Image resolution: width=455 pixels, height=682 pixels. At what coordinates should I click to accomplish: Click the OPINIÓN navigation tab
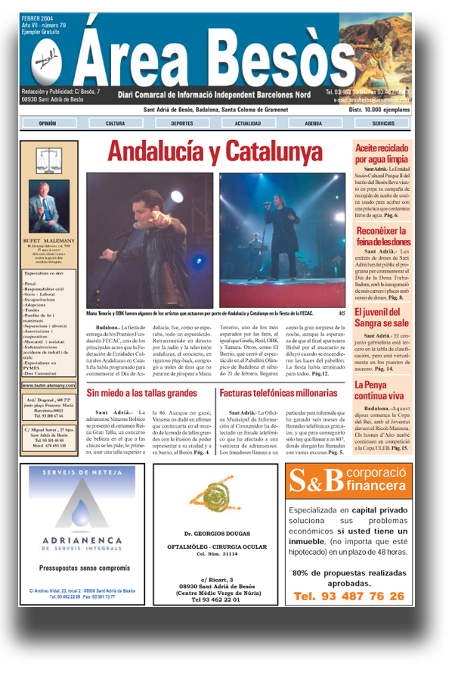[48, 123]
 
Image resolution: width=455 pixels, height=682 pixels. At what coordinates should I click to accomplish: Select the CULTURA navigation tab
[116, 123]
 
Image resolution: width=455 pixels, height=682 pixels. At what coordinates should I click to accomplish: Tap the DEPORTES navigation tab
[181, 123]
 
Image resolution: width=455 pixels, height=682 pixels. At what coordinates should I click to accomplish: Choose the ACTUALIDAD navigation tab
[248, 123]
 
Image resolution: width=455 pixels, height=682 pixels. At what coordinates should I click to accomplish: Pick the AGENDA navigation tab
[314, 123]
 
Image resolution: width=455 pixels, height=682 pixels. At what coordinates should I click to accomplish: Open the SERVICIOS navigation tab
[382, 123]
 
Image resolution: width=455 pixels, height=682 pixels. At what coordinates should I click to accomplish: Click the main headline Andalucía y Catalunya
[214, 151]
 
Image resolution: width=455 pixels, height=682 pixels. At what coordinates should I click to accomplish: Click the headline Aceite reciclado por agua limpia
[382, 153]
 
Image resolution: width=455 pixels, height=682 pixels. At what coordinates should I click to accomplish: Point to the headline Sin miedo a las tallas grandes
[141, 393]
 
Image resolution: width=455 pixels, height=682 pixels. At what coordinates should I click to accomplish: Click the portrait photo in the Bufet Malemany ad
[48, 204]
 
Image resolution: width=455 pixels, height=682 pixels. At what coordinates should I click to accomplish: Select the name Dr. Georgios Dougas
[215, 534]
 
